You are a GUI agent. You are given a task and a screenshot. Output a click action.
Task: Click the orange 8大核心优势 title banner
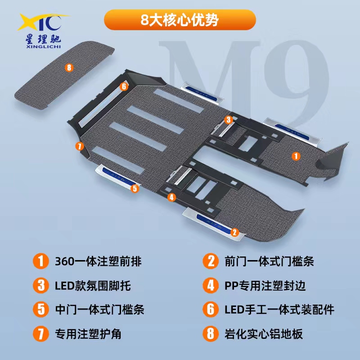click(180, 20)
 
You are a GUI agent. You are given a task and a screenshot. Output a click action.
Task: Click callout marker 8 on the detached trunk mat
click(69, 67)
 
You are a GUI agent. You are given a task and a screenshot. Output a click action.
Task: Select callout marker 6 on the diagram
click(124, 86)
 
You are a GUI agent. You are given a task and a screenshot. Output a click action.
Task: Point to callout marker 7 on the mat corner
click(80, 146)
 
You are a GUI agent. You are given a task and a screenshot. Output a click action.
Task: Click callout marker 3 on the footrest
click(228, 120)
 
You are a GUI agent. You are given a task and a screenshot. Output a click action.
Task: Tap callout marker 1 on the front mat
click(296, 156)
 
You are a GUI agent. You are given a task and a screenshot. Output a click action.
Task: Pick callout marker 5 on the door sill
click(135, 188)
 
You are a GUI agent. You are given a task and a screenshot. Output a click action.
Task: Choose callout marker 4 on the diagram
click(171, 197)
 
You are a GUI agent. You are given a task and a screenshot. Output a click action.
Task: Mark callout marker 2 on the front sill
click(234, 232)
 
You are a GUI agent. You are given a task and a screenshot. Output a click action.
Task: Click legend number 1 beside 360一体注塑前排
click(41, 261)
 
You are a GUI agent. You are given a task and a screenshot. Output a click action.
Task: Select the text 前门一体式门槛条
click(269, 261)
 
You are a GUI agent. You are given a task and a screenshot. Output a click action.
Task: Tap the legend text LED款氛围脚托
click(93, 286)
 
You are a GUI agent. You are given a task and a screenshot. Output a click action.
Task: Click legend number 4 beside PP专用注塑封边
click(211, 285)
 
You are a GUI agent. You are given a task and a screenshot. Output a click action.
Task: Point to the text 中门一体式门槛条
click(99, 310)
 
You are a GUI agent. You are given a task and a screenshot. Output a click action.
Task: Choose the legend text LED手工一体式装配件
click(279, 310)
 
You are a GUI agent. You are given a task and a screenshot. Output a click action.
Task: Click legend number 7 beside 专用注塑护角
click(41, 333)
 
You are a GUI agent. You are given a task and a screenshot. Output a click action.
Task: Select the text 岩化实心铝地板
click(264, 334)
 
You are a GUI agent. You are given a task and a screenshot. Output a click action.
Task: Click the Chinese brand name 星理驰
click(43, 39)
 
